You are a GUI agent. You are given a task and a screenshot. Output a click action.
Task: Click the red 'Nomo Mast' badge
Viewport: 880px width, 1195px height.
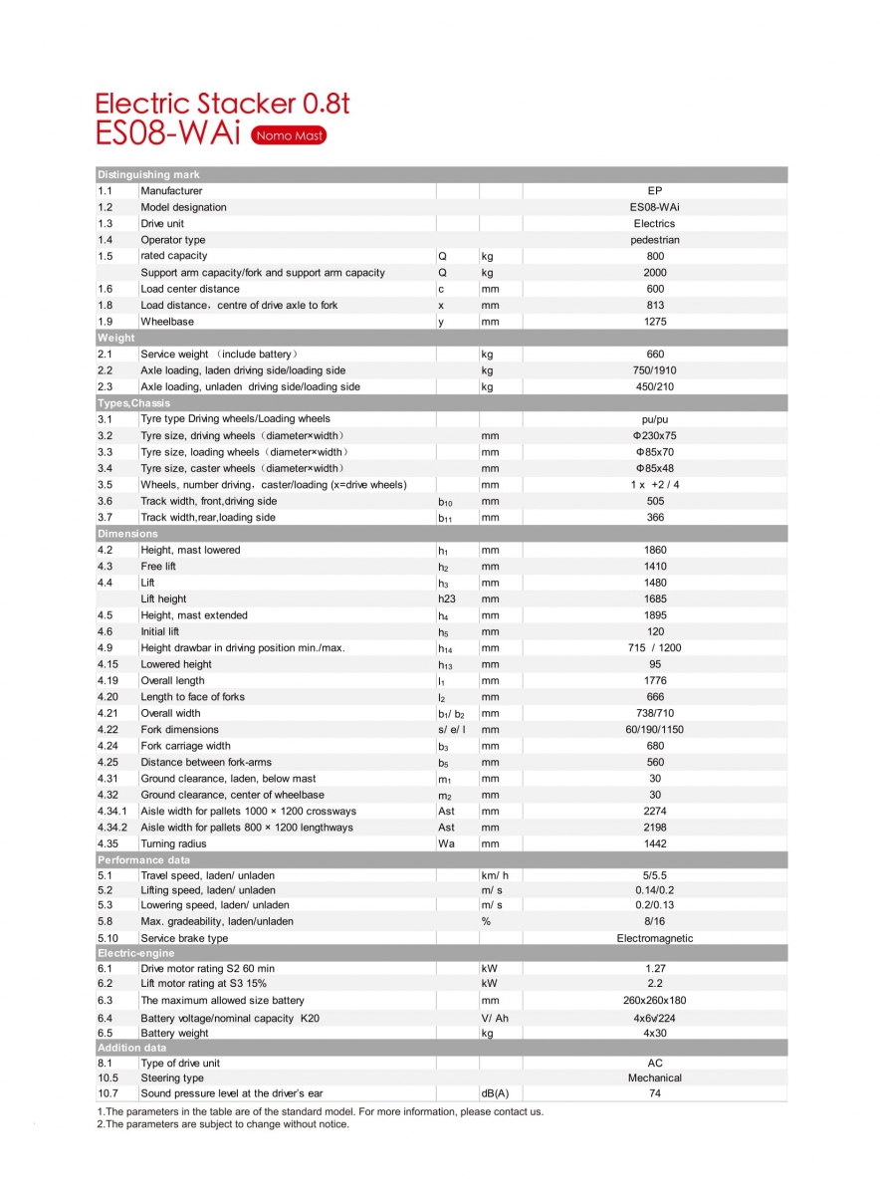point(289,135)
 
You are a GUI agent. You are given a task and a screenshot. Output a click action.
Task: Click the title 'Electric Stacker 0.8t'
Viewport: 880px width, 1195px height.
point(222,104)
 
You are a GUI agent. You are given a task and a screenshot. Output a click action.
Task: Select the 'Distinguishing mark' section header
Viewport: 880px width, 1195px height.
point(148,174)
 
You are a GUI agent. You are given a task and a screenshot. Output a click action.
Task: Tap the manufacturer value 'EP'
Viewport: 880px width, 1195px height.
point(654,190)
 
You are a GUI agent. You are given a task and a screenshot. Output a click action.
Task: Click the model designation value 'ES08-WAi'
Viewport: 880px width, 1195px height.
point(654,207)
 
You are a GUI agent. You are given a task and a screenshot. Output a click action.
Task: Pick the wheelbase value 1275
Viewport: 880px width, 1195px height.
point(654,322)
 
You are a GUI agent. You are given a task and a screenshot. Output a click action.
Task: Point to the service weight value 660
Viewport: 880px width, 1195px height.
point(654,354)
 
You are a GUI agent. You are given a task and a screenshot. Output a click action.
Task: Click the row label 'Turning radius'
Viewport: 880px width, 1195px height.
point(173,843)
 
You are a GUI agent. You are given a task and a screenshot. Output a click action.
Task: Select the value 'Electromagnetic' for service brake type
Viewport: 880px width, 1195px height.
point(654,938)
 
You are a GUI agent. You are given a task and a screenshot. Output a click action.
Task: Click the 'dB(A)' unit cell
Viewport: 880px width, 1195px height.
point(495,1093)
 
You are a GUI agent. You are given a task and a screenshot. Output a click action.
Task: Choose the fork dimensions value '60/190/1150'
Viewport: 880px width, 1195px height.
point(654,730)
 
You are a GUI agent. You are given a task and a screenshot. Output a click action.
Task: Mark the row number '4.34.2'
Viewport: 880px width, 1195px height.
point(112,828)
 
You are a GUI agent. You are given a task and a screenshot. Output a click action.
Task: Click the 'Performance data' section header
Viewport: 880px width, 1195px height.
point(143,859)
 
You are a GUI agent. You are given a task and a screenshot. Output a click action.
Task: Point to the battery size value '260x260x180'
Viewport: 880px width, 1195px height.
point(654,1000)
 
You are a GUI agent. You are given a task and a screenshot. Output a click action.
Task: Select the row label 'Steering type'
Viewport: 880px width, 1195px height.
point(172,1077)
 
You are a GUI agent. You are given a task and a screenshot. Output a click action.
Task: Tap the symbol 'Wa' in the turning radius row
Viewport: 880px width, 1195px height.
point(446,843)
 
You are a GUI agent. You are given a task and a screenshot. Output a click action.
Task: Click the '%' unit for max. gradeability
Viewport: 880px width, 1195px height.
point(486,921)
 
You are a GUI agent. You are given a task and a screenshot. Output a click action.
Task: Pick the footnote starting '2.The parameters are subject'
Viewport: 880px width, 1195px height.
point(223,1124)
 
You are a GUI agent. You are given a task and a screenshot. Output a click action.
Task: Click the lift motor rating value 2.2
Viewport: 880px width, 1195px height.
point(654,983)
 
